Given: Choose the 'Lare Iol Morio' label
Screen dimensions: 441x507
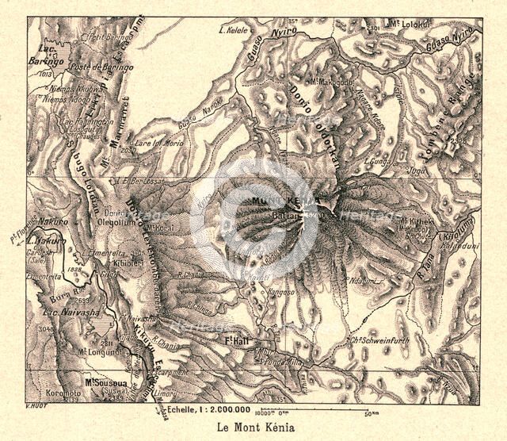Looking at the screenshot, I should tap(161, 145).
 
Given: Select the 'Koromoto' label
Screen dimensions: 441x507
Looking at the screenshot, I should tap(63, 392).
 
